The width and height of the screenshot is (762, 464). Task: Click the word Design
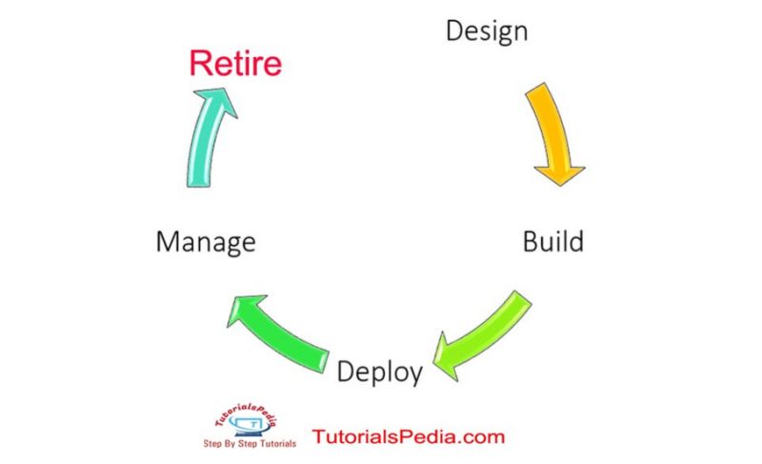487,31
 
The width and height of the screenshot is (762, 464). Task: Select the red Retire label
235,64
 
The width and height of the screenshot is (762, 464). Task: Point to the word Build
552,241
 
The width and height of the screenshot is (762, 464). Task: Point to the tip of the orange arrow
559,181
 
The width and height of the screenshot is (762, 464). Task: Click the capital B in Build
531,241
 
